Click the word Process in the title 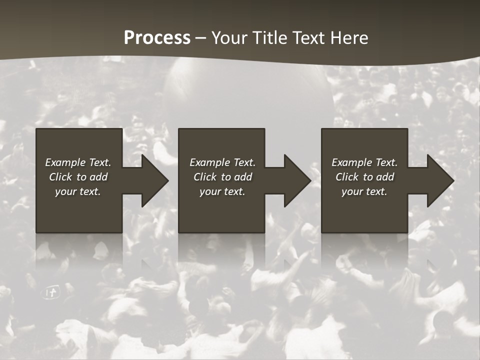point(157,38)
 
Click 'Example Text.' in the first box point(78,162)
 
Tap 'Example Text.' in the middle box point(222,162)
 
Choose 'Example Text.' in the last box point(364,162)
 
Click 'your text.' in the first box point(78,191)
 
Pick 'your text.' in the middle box point(222,191)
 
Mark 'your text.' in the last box point(364,191)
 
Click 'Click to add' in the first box point(78,177)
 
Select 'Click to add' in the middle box point(222,177)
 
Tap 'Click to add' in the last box point(364,177)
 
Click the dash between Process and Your point(200,38)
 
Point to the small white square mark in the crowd point(51,292)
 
